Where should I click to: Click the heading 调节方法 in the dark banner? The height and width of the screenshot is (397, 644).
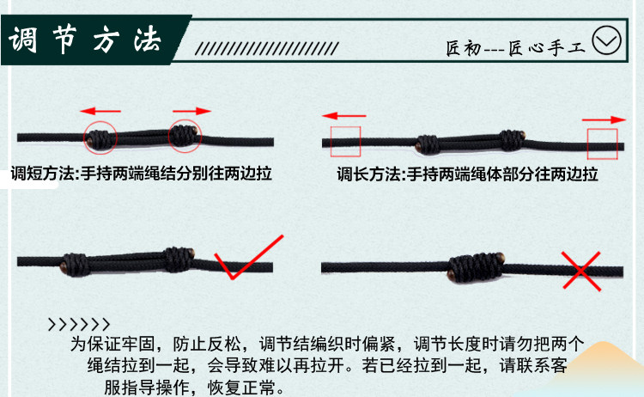tap(85, 40)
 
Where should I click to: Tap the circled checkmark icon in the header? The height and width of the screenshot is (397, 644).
tap(606, 40)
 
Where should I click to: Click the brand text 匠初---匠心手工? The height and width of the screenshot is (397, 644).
tap(515, 48)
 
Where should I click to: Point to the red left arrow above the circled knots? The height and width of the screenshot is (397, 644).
tap(100, 111)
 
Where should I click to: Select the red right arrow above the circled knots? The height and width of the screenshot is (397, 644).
tap(191, 111)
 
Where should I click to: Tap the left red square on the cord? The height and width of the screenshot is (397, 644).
tap(331, 142)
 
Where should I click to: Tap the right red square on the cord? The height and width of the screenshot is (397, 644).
tap(587, 144)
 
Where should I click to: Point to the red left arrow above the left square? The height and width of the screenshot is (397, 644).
tap(344, 116)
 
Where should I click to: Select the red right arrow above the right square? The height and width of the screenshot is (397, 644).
tap(604, 119)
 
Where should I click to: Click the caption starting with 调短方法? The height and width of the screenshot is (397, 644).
tap(142, 174)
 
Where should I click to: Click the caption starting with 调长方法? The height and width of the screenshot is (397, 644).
tap(467, 174)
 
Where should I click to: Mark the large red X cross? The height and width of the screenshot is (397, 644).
tap(581, 272)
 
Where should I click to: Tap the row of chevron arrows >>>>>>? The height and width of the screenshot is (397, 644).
tap(79, 325)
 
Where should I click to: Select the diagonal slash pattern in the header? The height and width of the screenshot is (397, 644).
tap(267, 48)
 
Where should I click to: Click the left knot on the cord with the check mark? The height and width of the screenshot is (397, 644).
tap(75, 265)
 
